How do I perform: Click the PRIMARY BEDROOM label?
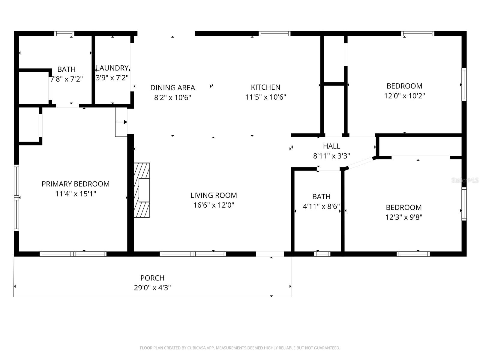click(x=75, y=184)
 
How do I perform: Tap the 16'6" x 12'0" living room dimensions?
click(x=214, y=205)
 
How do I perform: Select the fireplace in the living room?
click(x=142, y=190)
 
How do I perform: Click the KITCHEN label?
click(x=265, y=87)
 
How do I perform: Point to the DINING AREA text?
click(x=172, y=88)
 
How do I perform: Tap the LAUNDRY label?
click(x=112, y=68)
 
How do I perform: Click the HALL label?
click(x=331, y=146)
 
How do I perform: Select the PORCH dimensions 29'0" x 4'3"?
click(x=152, y=288)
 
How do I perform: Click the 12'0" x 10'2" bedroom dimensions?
click(x=404, y=96)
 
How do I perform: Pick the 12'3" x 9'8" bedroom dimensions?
click(x=404, y=217)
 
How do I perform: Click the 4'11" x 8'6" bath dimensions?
click(x=321, y=206)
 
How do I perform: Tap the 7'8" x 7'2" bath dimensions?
click(x=67, y=79)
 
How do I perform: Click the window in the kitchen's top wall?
click(x=274, y=34)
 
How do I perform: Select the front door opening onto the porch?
click(x=270, y=254)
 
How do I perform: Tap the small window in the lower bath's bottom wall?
click(x=322, y=254)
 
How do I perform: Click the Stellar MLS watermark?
click(x=465, y=180)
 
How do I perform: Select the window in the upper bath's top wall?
click(x=64, y=34)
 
